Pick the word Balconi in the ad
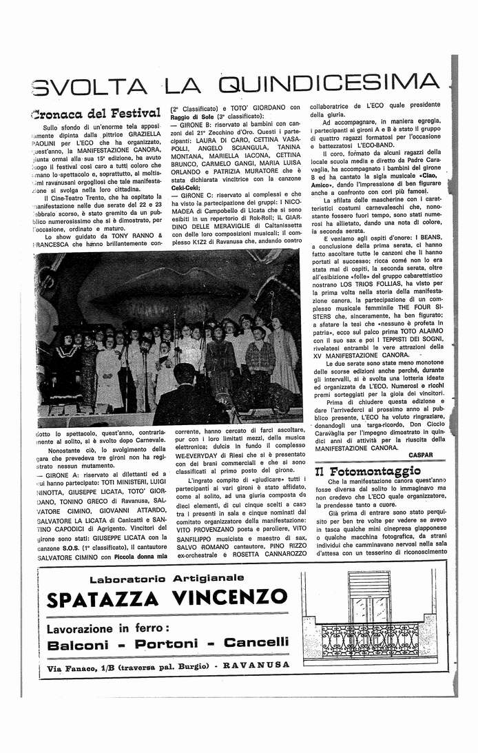[x=77, y=643]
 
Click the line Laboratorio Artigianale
[x=167, y=577]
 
